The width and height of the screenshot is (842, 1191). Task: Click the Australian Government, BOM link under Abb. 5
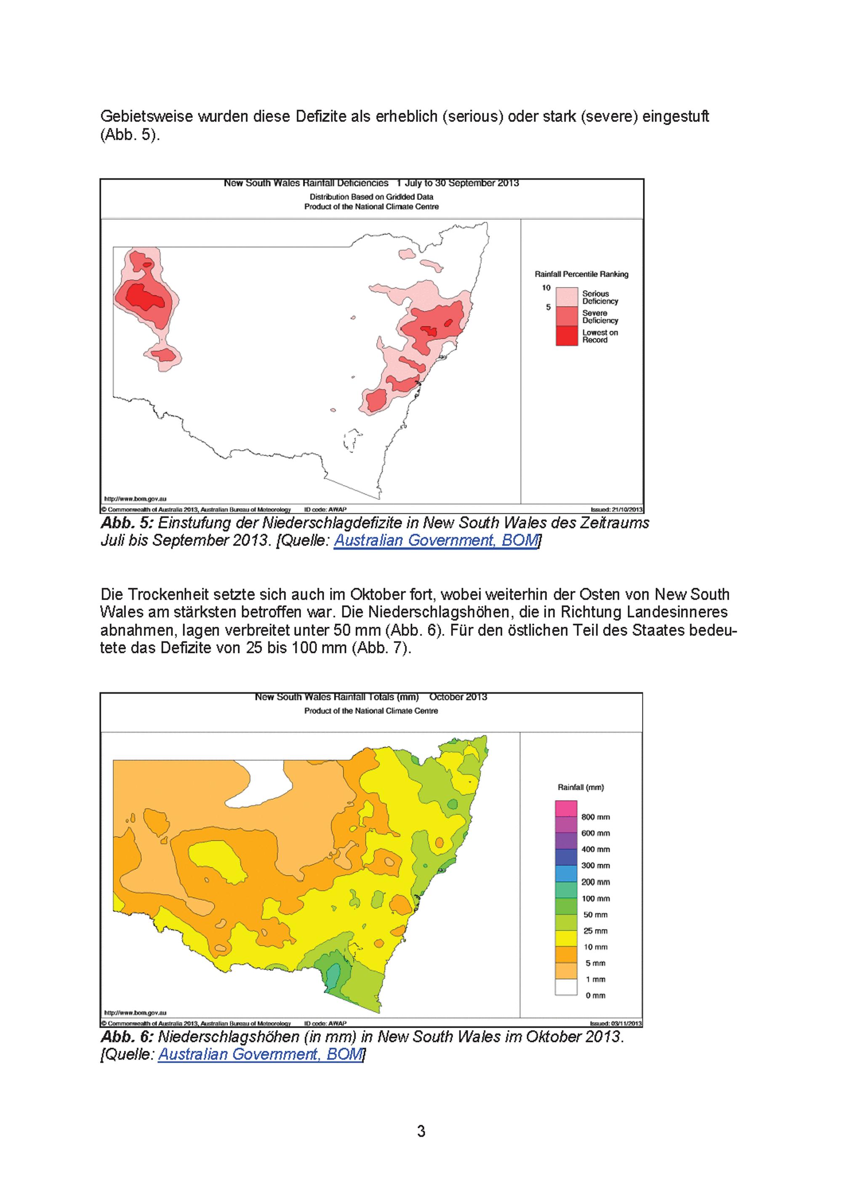click(x=436, y=541)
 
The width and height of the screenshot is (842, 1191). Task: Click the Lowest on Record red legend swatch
click(x=567, y=336)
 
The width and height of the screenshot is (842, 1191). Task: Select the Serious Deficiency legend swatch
click(x=567, y=297)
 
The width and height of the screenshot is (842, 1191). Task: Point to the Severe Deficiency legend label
click(x=600, y=317)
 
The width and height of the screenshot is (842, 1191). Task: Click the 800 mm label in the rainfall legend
click(x=596, y=817)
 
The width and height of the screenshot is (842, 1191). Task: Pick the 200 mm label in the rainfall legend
click(x=596, y=882)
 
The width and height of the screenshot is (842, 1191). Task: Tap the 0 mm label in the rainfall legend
click(x=596, y=995)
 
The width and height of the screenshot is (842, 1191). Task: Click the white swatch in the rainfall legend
click(x=566, y=987)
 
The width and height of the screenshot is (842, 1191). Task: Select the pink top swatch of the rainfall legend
click(x=566, y=809)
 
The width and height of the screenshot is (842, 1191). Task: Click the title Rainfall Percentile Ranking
click(x=581, y=274)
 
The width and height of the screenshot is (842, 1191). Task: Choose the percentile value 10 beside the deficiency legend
click(x=546, y=288)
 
